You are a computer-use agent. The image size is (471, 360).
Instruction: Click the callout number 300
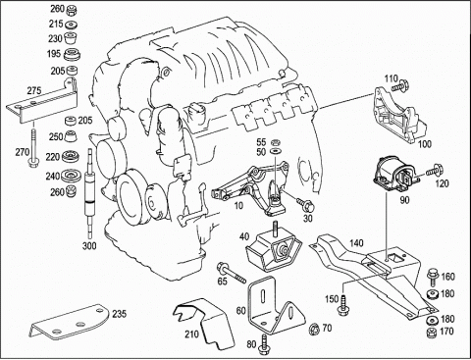click(89, 245)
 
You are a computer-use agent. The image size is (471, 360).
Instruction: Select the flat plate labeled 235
click(70, 323)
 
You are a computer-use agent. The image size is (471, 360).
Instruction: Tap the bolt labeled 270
click(33, 147)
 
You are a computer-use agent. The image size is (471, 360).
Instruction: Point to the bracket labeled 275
click(42, 101)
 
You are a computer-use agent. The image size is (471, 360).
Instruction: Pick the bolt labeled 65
click(231, 273)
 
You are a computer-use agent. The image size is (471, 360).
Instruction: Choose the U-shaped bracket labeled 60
click(276, 306)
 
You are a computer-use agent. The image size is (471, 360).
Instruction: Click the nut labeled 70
click(314, 329)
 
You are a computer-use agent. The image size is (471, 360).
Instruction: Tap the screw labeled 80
click(263, 344)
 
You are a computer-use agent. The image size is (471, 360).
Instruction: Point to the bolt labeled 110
click(400, 86)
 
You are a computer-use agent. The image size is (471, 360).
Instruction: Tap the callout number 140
click(356, 243)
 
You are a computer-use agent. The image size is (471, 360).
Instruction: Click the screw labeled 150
click(343, 305)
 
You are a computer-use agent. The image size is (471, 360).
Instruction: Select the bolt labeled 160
click(433, 276)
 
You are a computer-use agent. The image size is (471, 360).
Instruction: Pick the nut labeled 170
click(432, 332)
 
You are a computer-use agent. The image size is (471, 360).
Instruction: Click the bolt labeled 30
click(304, 204)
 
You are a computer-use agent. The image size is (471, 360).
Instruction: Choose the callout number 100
click(425, 143)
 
